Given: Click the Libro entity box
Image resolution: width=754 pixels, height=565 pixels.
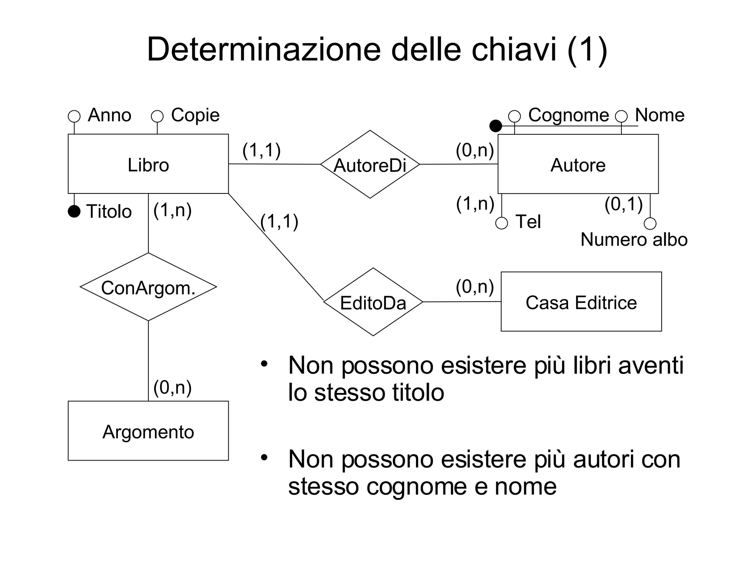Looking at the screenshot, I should (x=148, y=164).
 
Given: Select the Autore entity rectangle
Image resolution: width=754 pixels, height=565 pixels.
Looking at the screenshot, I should (x=578, y=164).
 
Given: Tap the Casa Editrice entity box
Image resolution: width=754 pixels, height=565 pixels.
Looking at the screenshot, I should (x=581, y=302).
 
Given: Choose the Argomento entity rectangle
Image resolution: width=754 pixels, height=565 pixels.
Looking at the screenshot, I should (x=148, y=431).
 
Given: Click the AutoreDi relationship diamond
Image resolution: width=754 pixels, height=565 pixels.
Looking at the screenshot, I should (x=370, y=164).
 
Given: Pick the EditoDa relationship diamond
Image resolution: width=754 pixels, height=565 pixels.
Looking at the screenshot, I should (x=373, y=302).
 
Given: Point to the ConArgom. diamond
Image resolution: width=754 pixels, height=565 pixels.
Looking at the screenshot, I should (x=148, y=287).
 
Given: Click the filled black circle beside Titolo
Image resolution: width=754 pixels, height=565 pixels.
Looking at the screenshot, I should (x=74, y=211).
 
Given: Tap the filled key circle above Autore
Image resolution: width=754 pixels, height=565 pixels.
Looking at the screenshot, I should (x=496, y=126).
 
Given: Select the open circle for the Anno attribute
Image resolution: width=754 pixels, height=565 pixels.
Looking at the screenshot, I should (x=74, y=116).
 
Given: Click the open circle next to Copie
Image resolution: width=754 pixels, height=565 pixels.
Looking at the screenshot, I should (x=157, y=116).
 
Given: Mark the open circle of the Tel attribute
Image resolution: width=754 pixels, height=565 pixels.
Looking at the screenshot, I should (x=501, y=223).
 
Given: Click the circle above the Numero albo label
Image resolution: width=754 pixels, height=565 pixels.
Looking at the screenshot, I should (x=650, y=223).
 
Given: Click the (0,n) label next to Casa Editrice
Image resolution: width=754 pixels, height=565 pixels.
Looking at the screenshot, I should (x=475, y=287).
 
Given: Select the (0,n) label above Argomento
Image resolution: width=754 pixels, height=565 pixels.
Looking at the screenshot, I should (x=172, y=387).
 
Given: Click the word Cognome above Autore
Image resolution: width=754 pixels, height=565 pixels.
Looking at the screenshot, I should (x=568, y=115).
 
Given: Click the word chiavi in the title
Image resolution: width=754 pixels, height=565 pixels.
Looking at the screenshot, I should (x=514, y=50).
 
